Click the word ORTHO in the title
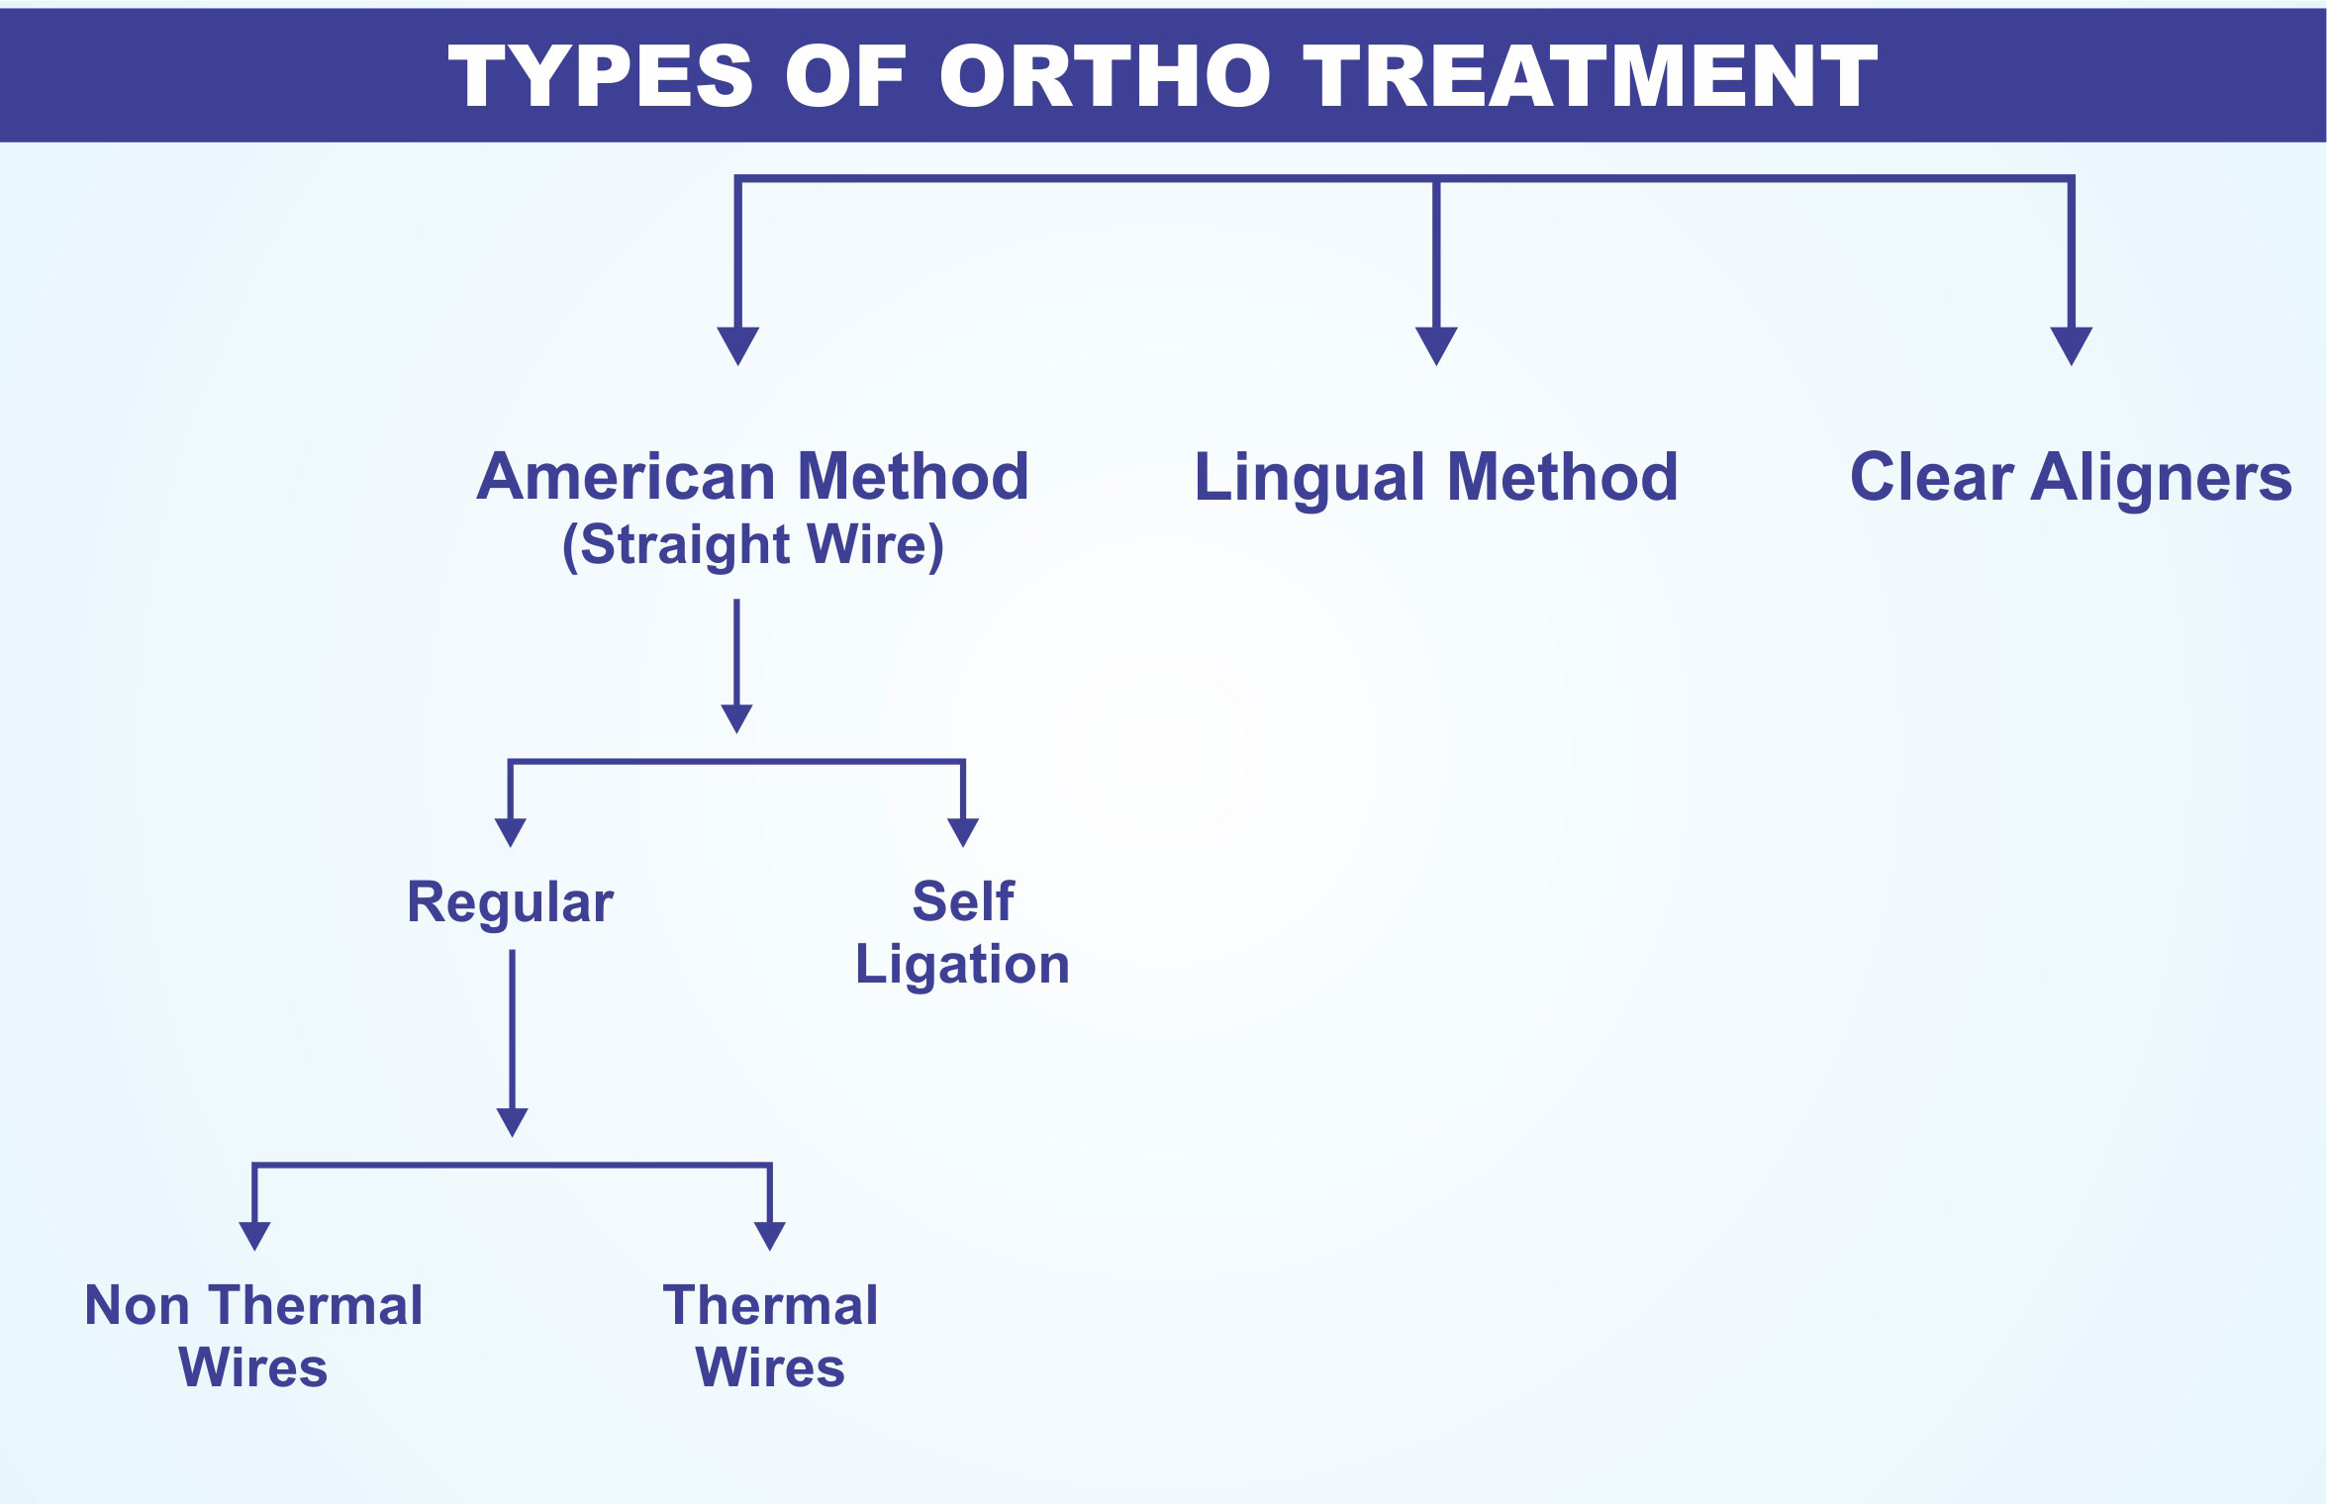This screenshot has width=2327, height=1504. click(x=1106, y=76)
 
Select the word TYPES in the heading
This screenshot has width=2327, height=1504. click(x=602, y=76)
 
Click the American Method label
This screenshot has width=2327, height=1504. click(x=753, y=477)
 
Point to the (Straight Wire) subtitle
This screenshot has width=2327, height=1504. click(x=753, y=545)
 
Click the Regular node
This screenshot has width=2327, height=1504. click(x=511, y=903)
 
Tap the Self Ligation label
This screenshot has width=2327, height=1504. click(x=963, y=932)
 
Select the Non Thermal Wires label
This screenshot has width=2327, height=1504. click(x=253, y=1336)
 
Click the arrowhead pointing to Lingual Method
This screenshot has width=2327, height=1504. click(x=1436, y=346)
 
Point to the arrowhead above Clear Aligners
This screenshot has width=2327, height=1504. click(x=2072, y=346)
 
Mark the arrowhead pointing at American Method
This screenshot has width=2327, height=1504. click(x=738, y=346)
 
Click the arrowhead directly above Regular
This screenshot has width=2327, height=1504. click(x=510, y=833)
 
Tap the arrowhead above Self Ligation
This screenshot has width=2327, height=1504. click(x=963, y=833)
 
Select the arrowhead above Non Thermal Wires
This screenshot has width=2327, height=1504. click(x=254, y=1237)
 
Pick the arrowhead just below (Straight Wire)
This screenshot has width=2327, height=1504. click(x=736, y=719)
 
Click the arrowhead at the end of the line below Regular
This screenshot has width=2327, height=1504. click(x=512, y=1123)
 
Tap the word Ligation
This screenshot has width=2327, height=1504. click(x=963, y=965)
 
